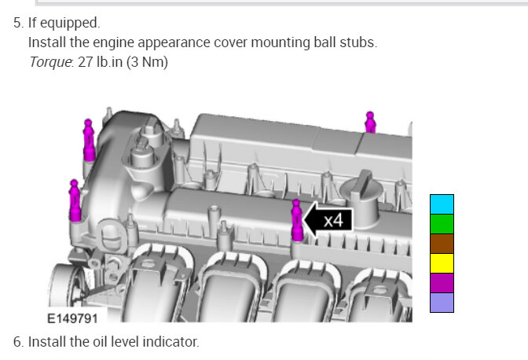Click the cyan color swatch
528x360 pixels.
click(x=442, y=204)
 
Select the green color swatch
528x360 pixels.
click(x=442, y=224)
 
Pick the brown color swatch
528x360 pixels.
click(x=442, y=244)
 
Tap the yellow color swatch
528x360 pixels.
click(x=442, y=263)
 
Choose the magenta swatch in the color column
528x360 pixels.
click(x=442, y=282)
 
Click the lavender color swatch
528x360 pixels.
click(x=442, y=303)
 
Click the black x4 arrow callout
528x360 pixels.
click(x=328, y=220)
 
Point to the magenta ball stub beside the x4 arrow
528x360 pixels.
click(x=296, y=220)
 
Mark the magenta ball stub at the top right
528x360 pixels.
click(x=370, y=123)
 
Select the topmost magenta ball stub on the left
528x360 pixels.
click(x=89, y=140)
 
